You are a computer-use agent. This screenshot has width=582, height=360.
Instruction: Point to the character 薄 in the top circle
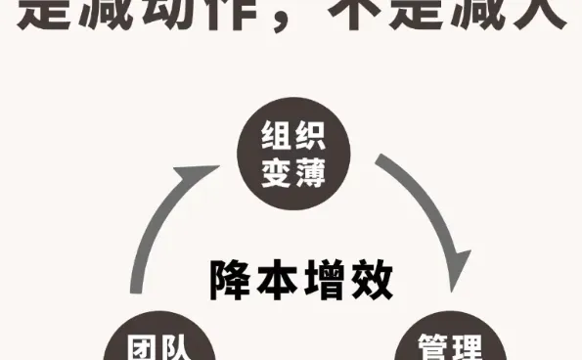[307, 174]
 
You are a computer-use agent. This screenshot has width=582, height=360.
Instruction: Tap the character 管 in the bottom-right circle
[436, 348]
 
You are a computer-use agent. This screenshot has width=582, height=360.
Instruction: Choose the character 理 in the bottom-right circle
[470, 348]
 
